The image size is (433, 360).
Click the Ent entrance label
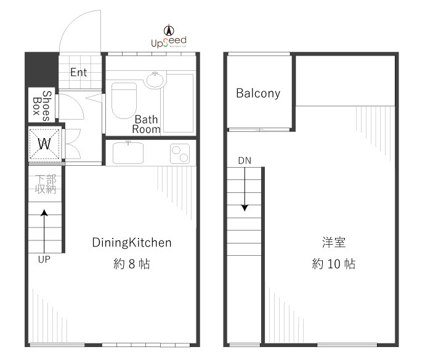point(78,72)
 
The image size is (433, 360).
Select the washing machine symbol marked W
point(44,144)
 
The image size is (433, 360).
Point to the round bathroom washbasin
point(155,80)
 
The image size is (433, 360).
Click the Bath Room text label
point(147,124)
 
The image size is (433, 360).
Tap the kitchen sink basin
point(127,152)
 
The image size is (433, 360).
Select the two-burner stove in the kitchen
point(180,152)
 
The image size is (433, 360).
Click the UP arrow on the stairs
point(44,229)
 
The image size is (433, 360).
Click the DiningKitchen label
point(132,242)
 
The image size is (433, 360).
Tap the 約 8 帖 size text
point(132,264)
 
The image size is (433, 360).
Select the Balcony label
point(258,94)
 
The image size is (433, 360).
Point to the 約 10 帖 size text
point(333,264)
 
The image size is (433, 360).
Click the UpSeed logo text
point(168,42)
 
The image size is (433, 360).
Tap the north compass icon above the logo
point(168,29)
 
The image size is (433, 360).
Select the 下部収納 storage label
point(45,184)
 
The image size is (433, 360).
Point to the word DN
point(245,161)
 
